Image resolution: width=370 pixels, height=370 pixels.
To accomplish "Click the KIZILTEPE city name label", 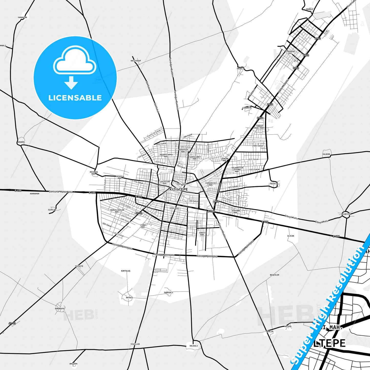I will pyautogui.click(x=178, y=189).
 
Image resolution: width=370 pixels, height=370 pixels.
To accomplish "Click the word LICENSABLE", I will pyautogui.click(x=75, y=98).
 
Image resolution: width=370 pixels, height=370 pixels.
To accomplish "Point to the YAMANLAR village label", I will pyautogui.click(x=22, y=17).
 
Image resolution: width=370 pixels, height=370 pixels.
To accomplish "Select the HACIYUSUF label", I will pyautogui.click(x=136, y=61).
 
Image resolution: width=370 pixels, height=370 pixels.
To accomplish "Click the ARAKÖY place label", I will pyautogui.click(x=21, y=142).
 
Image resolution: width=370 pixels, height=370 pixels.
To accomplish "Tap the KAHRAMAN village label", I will pyautogui.click(x=35, y=194).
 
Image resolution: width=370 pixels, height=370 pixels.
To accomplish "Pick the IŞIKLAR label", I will pyautogui.click(x=52, y=210).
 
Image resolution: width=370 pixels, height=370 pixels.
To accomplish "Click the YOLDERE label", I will pyautogui.click(x=326, y=154).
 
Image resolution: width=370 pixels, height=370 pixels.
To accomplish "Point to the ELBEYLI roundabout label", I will pyautogui.click(x=346, y=214).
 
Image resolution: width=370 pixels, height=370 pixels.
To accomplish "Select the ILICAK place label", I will pyautogui.click(x=291, y=236).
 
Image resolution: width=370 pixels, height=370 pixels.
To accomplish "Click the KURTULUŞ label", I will pyautogui.click(x=126, y=271).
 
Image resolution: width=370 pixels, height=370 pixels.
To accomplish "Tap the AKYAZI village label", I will pyautogui.click(x=129, y=298).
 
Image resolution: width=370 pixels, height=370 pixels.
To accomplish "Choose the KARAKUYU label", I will pyautogui.click(x=59, y=309).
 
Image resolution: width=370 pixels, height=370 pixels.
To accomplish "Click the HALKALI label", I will pyautogui.click(x=194, y=346).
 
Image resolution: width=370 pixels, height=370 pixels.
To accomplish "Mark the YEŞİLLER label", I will pyautogui.click(x=135, y=344).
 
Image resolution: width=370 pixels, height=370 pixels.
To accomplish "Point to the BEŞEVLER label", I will pyautogui.click(x=274, y=275).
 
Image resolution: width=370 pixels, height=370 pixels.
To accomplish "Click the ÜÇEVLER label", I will pyautogui.click(x=274, y=184).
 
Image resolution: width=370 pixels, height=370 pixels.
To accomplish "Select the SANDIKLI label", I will pyautogui.click(x=168, y=292).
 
